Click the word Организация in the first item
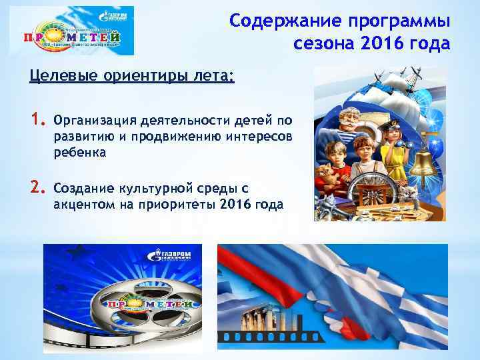pos(94,121)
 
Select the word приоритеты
pos(178,204)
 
